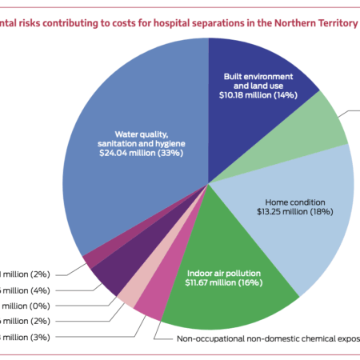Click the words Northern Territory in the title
317,23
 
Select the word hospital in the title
170,23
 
